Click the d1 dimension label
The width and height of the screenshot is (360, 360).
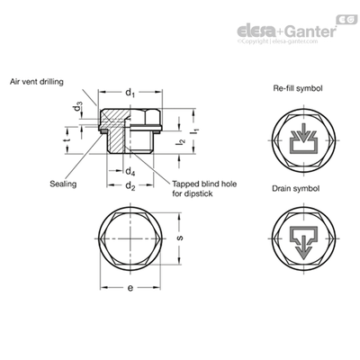130,93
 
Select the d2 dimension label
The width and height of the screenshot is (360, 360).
130,186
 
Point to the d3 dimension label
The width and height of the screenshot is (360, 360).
78,107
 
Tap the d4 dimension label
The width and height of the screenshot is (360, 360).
130,172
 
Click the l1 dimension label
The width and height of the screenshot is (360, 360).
196,130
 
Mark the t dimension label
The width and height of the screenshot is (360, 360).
67,140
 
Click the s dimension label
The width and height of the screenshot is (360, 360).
180,238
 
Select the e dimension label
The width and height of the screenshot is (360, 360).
130,288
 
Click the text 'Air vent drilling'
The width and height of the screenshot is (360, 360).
37,82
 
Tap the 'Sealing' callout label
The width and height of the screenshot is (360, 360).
63,184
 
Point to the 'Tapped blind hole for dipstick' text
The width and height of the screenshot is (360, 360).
204,188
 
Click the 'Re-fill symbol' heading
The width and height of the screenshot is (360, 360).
298,88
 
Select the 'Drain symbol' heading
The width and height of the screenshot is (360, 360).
296,188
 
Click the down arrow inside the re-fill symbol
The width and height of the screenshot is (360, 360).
304,132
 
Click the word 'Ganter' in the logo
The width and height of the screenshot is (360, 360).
310,31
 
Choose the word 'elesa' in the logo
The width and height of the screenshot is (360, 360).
256,31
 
